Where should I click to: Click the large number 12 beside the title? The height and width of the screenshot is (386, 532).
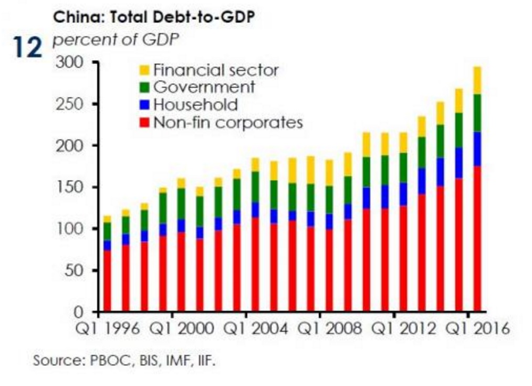(27, 47)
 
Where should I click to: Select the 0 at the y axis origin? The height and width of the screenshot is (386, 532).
(88, 311)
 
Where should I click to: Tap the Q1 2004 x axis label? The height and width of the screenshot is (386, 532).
(256, 329)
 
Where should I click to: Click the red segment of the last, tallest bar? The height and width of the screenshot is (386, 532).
(477, 237)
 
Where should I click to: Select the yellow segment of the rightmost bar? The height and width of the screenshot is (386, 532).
(477, 80)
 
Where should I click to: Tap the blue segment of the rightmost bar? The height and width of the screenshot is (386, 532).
(477, 149)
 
